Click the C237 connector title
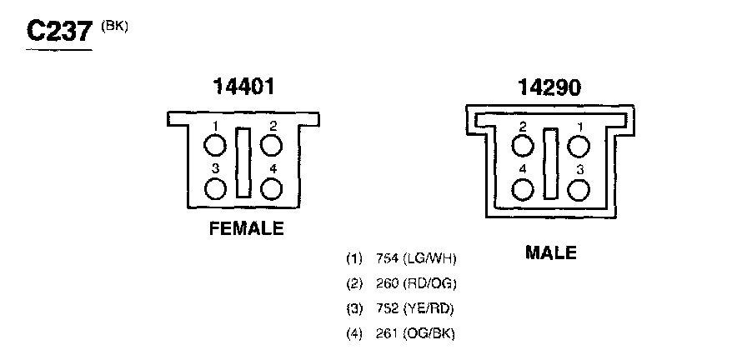pyautogui.click(x=59, y=32)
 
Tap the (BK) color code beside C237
pyautogui.click(x=114, y=27)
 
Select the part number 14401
pyautogui.click(x=243, y=87)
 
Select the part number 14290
pyautogui.click(x=549, y=87)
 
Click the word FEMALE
pyautogui.click(x=247, y=228)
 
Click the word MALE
pyautogui.click(x=550, y=252)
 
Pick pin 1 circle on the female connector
pyautogui.click(x=215, y=145)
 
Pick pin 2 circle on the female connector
pyautogui.click(x=272, y=145)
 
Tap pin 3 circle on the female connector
pyautogui.click(x=215, y=188)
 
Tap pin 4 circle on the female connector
pyautogui.click(x=272, y=188)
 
